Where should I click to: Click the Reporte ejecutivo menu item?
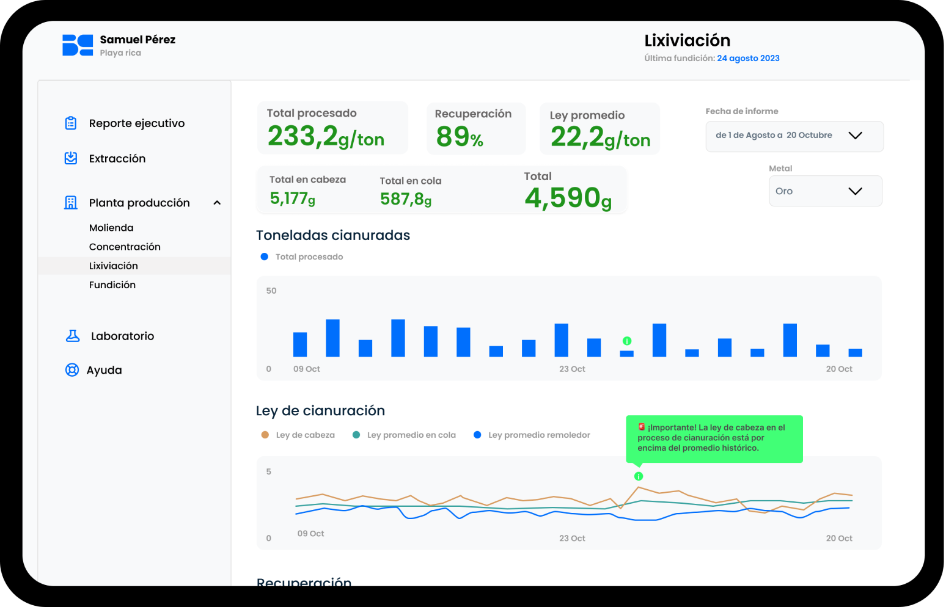point(136,123)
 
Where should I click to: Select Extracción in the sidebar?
point(117,159)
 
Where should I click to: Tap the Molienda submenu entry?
point(111,228)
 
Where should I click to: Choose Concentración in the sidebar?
point(125,247)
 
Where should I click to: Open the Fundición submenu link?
point(112,285)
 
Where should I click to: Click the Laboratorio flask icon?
point(73,336)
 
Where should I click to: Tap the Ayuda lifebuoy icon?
point(72,370)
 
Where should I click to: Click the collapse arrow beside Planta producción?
point(217,203)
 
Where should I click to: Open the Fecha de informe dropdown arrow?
point(855,136)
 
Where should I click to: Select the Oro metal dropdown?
point(825,191)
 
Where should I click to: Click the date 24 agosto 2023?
point(748,59)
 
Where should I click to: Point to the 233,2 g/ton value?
point(326,137)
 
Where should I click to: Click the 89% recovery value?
point(460,137)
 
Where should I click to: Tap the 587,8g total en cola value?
point(406,199)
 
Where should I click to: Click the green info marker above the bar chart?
point(627,341)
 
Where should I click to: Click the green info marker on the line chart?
point(639,476)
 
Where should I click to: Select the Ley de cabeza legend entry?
point(298,435)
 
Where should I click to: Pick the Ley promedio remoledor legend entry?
point(532,435)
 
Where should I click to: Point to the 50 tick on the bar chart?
point(271,291)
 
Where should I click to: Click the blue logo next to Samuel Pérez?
point(78,45)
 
